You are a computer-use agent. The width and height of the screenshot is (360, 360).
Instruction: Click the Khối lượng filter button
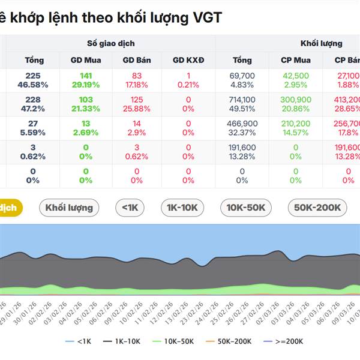[70, 208]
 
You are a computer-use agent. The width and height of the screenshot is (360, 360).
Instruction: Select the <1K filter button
[130, 208]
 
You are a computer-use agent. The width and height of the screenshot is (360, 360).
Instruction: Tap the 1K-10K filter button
[182, 208]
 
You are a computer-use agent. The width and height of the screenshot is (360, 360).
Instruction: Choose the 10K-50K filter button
[246, 208]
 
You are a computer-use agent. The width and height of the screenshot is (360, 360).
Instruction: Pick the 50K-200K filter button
[317, 208]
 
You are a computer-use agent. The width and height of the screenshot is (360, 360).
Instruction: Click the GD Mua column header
[86, 60]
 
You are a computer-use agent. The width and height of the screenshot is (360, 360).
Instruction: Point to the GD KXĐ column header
[188, 60]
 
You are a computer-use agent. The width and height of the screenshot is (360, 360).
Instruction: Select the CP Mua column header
[295, 60]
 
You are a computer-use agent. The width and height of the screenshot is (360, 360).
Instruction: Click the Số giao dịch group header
[111, 43]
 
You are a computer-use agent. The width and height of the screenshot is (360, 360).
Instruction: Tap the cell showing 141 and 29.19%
[86, 80]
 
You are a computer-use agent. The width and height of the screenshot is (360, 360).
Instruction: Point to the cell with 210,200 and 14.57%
[295, 128]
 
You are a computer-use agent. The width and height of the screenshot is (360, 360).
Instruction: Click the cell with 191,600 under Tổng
[242, 152]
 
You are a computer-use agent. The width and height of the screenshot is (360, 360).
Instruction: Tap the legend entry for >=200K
[284, 341]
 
